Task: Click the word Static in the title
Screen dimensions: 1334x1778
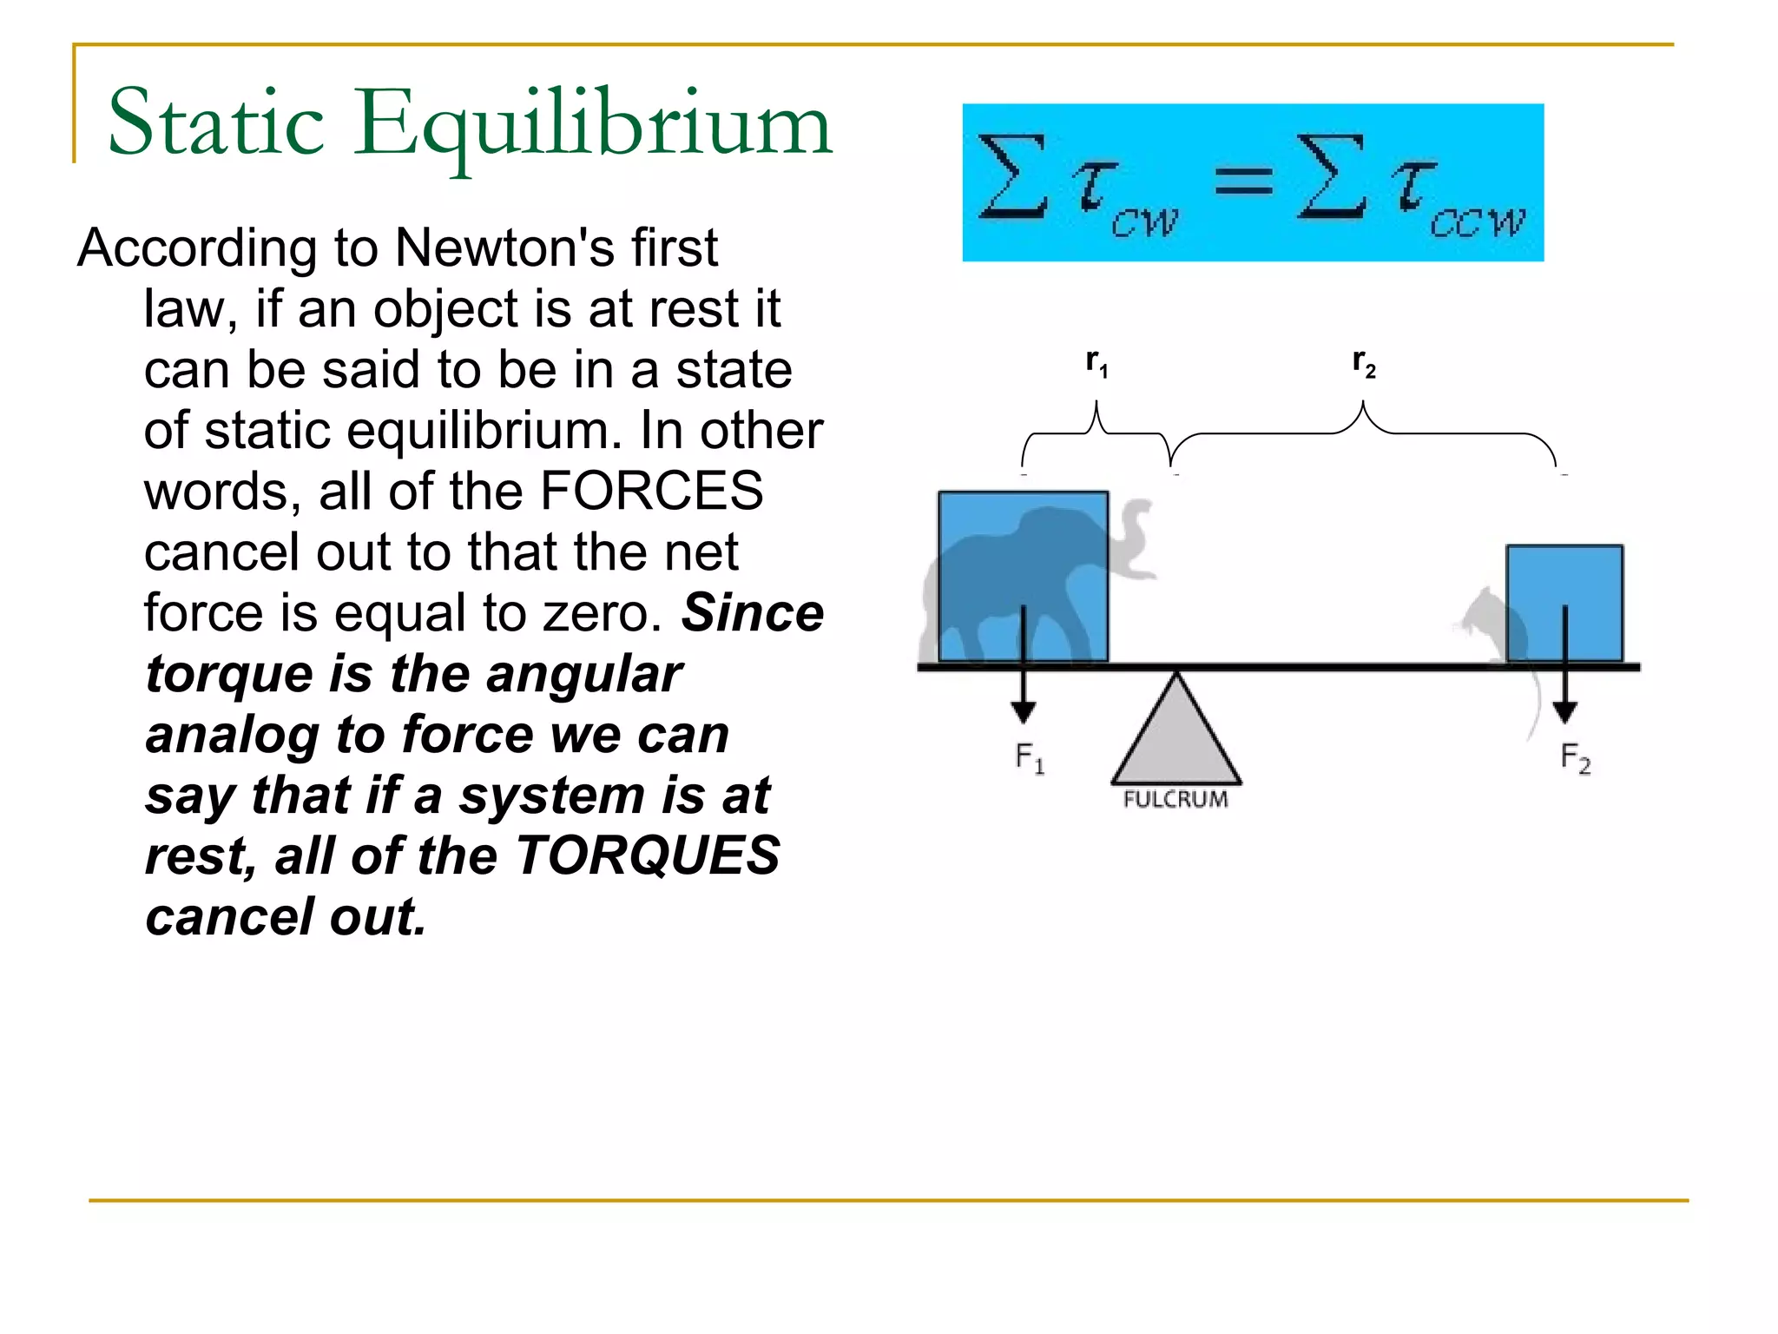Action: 215,123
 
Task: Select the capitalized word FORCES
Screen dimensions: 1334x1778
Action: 651,492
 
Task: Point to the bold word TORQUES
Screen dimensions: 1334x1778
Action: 647,856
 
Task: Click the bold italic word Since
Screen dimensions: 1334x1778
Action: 752,613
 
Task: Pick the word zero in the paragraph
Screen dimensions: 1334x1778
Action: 601,614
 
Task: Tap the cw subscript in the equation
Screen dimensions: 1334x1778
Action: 1144,223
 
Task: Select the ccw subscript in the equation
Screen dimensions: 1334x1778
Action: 1476,223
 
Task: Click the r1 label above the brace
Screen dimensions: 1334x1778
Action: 1096,363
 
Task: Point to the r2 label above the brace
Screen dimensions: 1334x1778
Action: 1364,363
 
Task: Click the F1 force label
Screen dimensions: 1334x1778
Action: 1030,758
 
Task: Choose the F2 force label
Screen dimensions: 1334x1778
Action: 1575,758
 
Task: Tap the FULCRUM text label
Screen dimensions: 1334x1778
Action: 1175,800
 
